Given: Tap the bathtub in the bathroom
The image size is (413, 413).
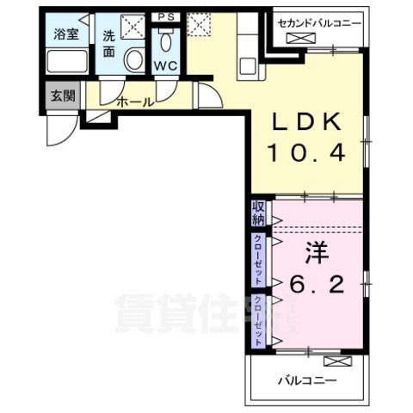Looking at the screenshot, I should point(66,61).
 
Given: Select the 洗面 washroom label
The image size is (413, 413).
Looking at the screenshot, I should point(109,42).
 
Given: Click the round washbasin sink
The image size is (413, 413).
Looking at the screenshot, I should point(134,59).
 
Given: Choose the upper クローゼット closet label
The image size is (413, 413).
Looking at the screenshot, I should point(258,260).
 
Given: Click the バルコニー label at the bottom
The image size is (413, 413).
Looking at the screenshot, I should point(307,379).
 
